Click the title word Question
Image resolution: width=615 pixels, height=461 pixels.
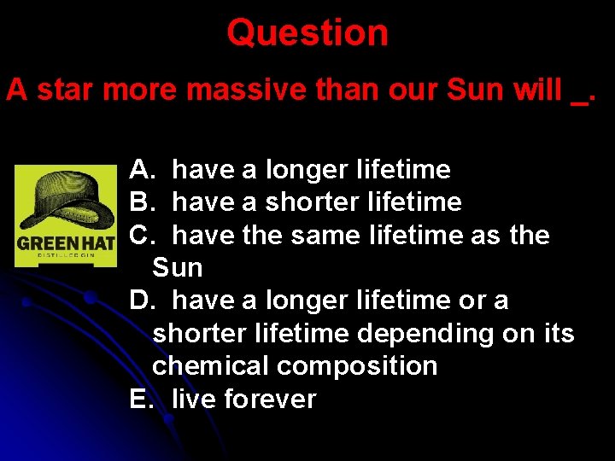point(307,33)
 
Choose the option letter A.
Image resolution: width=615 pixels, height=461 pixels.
point(139,170)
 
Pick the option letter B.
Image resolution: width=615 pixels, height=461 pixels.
point(139,202)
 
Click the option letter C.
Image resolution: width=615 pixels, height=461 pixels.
point(139,235)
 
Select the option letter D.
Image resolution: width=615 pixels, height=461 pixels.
point(139,301)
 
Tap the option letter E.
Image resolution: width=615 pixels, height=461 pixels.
point(139,399)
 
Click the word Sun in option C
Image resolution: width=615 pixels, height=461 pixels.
point(178,268)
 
